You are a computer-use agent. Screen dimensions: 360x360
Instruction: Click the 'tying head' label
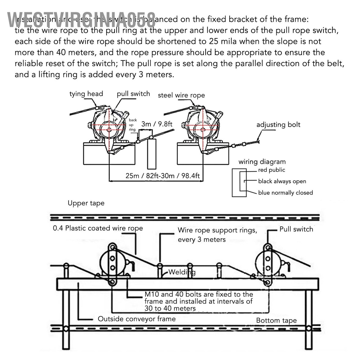86,94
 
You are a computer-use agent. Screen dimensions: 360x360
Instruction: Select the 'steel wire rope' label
181,95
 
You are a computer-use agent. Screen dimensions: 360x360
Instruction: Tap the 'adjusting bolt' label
278,125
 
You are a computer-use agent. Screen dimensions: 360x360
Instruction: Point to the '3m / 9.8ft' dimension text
156,124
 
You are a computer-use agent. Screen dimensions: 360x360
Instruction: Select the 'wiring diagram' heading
262,162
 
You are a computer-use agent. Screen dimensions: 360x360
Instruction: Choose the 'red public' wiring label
271,170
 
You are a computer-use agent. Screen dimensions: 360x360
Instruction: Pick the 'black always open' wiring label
282,181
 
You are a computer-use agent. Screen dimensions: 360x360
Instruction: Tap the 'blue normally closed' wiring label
285,193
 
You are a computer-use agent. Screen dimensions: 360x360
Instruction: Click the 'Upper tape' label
86,203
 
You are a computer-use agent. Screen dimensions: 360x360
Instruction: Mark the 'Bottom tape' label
276,320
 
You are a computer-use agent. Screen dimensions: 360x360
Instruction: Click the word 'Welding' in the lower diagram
182,272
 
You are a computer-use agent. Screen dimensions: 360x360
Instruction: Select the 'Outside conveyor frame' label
136,319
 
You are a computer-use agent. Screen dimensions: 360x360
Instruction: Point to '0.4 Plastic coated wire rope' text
98,228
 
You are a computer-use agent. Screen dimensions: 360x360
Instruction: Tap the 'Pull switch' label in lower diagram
296,229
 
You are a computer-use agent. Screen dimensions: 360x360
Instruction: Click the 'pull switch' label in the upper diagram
133,94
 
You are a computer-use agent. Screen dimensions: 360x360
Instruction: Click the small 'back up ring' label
133,125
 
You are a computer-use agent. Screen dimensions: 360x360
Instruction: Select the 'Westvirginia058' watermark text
81,19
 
